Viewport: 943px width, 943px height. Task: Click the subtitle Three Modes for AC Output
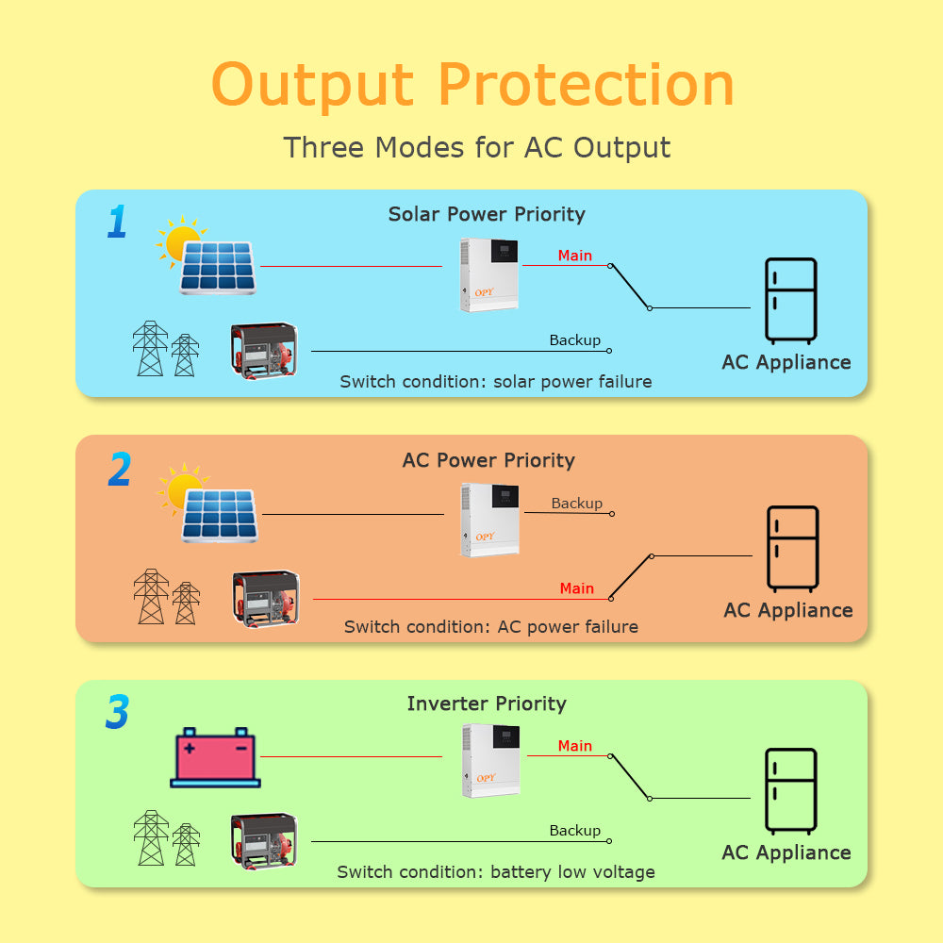point(477,148)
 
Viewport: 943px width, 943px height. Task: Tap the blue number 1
point(116,223)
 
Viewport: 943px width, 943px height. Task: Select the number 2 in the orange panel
point(119,470)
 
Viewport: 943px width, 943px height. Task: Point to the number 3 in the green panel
point(117,713)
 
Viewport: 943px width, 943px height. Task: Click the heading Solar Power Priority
point(487,214)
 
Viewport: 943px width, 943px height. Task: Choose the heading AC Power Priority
point(488,460)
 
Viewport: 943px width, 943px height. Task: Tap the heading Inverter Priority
point(487,703)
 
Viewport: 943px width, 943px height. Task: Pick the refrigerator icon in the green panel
point(790,791)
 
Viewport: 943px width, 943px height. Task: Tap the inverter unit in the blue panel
point(488,274)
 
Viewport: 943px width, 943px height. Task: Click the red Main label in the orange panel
point(576,588)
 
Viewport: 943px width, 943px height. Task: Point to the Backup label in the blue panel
point(574,340)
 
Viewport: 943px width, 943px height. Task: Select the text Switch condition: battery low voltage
point(496,872)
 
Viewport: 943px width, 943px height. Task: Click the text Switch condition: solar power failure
point(496,382)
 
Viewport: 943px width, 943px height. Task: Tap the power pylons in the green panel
point(166,838)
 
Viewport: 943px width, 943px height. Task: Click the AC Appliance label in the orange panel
point(787,610)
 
